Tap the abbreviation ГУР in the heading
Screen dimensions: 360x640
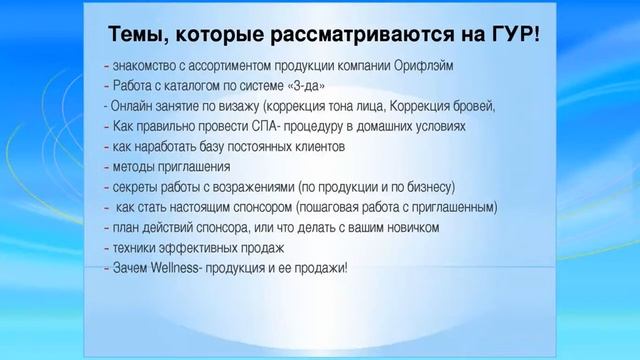click(513, 37)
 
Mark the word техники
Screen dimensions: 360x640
click(135, 247)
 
